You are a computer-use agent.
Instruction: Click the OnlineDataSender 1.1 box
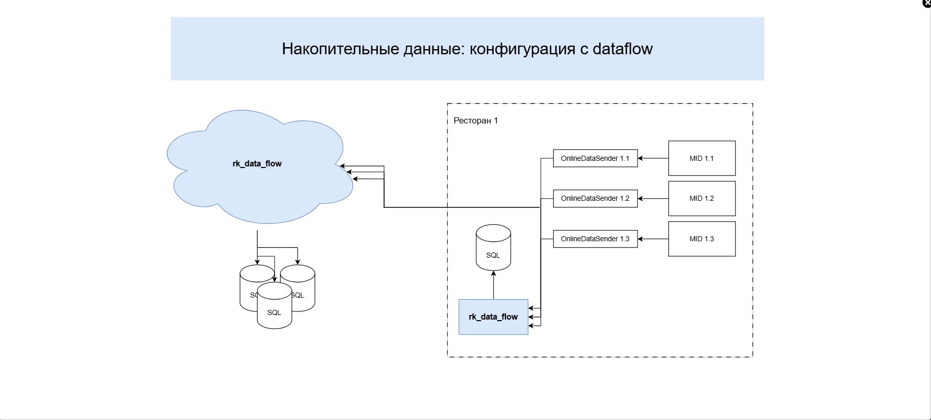point(595,158)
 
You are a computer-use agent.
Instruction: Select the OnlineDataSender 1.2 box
point(595,198)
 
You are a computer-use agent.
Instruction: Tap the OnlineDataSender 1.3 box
point(595,239)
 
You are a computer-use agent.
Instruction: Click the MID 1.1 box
point(702,158)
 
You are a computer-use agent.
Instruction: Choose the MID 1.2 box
point(702,198)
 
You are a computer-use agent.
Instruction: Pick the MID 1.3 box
point(702,239)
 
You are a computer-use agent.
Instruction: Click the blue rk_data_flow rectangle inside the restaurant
point(493,317)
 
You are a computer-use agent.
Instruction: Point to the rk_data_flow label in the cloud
point(257,164)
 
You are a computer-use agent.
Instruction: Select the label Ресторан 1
point(476,121)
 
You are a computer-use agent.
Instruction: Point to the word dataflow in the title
point(622,49)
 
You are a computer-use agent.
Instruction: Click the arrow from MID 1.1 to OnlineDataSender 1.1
point(653,158)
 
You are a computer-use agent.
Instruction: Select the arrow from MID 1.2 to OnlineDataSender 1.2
point(653,198)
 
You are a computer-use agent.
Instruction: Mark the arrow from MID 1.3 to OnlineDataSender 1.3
point(653,239)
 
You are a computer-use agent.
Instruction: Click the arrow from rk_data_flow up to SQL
point(493,285)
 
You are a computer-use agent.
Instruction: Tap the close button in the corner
point(927,3)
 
